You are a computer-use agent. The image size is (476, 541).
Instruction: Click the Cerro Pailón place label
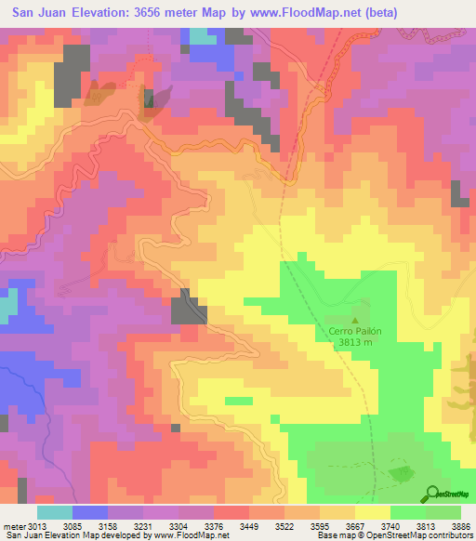click(x=356, y=330)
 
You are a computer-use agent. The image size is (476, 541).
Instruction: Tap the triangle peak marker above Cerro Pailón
click(x=354, y=319)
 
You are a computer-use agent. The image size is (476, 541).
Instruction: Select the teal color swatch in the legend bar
click(x=54, y=511)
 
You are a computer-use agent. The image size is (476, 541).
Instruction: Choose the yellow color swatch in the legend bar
click(x=372, y=511)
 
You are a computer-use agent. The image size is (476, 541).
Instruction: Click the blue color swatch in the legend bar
click(x=88, y=511)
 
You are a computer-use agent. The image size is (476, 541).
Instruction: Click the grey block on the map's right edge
click(x=459, y=193)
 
